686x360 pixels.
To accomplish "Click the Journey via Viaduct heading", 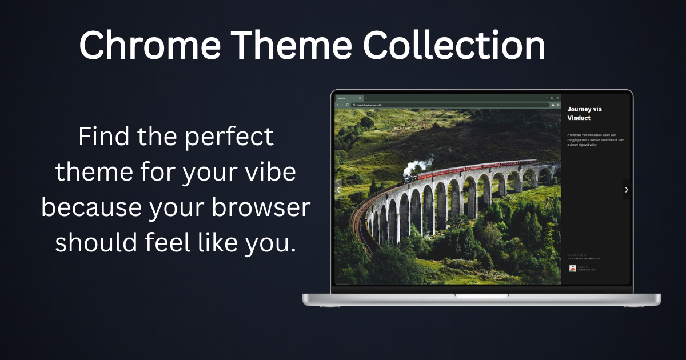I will coord(584,113).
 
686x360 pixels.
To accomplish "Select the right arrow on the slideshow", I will coord(627,189).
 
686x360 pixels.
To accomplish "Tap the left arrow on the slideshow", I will coord(338,189).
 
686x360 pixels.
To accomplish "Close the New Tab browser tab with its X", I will coord(360,98).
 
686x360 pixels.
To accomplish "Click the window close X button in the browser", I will coord(557,98).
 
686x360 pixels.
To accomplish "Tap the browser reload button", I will coord(348,105).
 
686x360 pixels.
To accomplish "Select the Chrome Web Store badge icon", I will coord(572,268).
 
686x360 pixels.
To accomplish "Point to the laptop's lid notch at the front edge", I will coord(482,295).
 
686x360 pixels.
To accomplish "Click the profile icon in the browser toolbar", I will coord(553,105).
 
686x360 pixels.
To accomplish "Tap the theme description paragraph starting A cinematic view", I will coord(595,140).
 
